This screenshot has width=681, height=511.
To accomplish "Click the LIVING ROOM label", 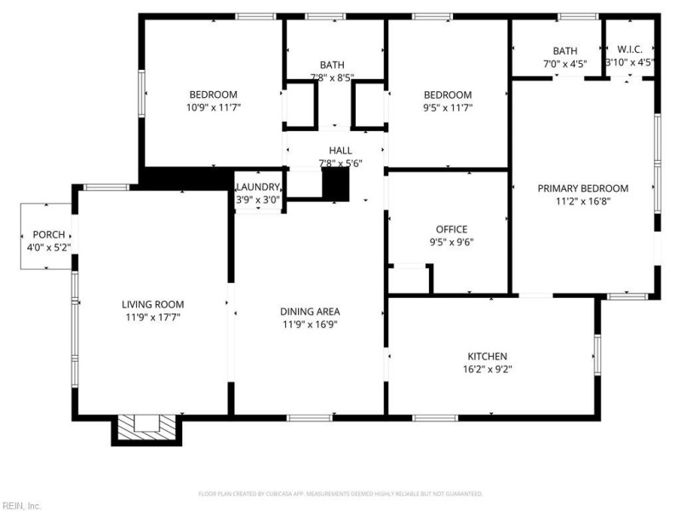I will [152, 304].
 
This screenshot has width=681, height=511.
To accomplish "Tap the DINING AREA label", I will [311, 312].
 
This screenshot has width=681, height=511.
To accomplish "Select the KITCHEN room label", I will [488, 356].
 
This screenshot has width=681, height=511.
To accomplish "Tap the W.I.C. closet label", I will [630, 50].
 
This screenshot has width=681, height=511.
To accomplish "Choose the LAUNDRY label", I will [258, 187].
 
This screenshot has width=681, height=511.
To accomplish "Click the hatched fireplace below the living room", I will [146, 426].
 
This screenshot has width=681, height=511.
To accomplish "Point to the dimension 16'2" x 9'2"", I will [488, 369].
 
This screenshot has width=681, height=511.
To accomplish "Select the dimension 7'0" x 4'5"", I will [565, 63].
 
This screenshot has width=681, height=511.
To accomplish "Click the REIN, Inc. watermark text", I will [21, 505].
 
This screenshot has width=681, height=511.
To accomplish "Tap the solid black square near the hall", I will [336, 184].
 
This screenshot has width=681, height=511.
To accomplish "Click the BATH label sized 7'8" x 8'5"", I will [332, 65].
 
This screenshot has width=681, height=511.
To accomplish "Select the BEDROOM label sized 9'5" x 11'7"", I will [448, 95].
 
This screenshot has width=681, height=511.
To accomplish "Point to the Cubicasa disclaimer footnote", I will [340, 493].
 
